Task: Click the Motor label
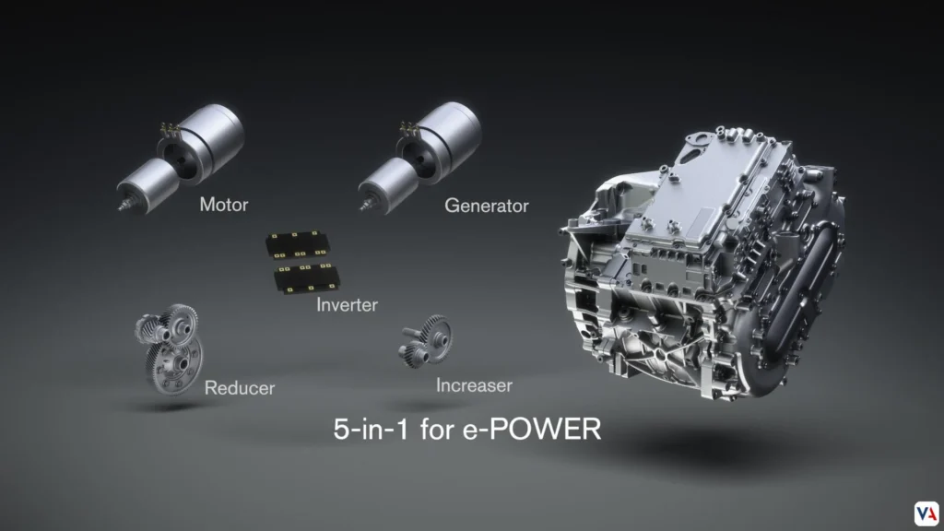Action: click(223, 205)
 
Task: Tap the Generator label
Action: click(486, 206)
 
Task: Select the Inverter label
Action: click(347, 304)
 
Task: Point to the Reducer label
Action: click(239, 387)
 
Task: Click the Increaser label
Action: click(474, 384)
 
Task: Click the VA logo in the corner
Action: click(926, 513)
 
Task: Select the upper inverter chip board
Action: click(298, 244)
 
